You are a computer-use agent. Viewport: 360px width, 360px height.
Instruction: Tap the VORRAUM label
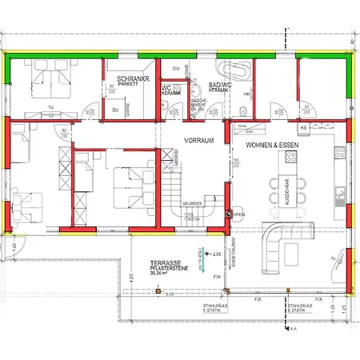197,139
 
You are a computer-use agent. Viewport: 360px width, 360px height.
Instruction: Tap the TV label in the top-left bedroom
51,106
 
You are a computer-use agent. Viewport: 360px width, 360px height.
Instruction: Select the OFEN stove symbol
230,214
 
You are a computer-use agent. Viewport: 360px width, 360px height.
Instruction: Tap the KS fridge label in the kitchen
303,128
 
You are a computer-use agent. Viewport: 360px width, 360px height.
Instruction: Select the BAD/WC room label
220,84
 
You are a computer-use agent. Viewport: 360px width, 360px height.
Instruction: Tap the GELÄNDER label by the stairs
192,204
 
